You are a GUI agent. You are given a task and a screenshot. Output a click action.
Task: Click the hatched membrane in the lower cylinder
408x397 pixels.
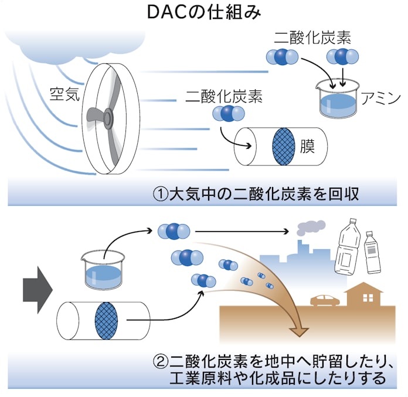pos(106,320)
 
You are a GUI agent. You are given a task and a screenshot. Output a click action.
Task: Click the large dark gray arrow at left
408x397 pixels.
pos(38,287)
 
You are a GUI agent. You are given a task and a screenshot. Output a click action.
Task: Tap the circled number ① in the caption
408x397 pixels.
pos(159,194)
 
